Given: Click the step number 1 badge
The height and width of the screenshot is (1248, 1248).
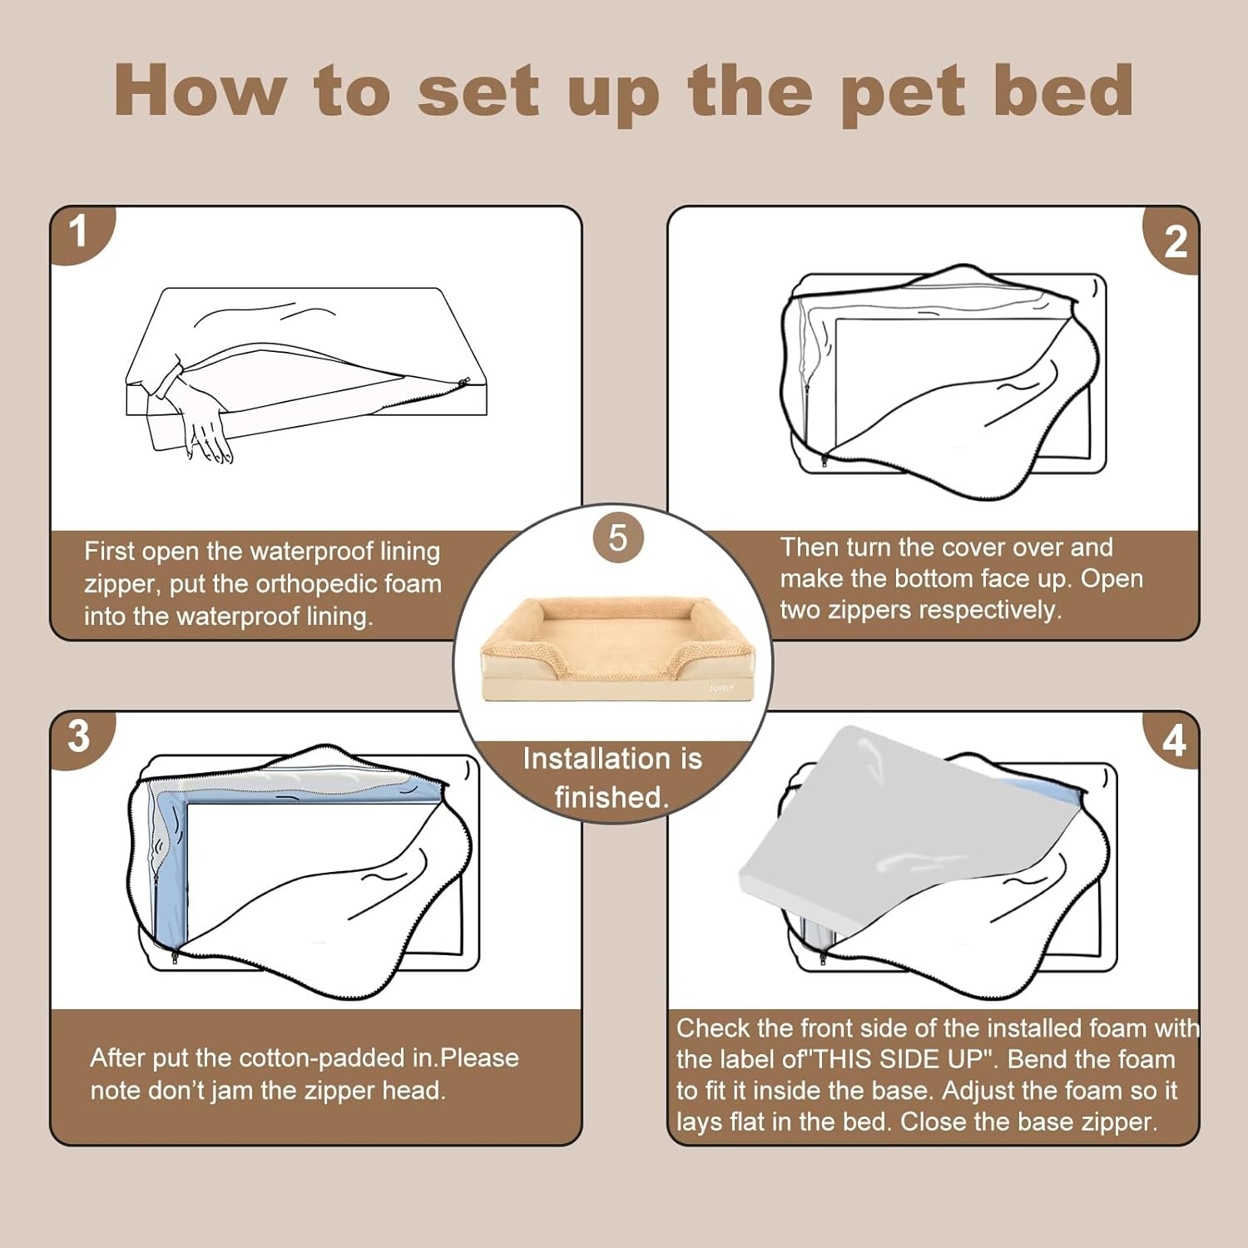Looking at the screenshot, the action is tap(79, 233).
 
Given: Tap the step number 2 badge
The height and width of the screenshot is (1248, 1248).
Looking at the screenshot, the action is tap(1174, 241).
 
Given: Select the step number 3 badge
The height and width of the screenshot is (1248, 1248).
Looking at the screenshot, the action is tap(79, 737).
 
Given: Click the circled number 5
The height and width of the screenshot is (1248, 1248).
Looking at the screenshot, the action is tap(617, 537).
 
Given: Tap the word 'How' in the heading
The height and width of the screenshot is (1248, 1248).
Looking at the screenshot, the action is tap(201, 90).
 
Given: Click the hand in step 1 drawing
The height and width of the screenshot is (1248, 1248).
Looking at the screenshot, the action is tap(204, 420).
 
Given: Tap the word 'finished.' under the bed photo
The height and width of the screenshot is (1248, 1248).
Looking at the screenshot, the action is tap(612, 797).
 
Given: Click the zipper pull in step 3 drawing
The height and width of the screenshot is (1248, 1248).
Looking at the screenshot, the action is tap(175, 957).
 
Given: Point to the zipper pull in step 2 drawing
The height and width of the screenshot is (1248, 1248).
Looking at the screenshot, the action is tap(825, 459).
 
